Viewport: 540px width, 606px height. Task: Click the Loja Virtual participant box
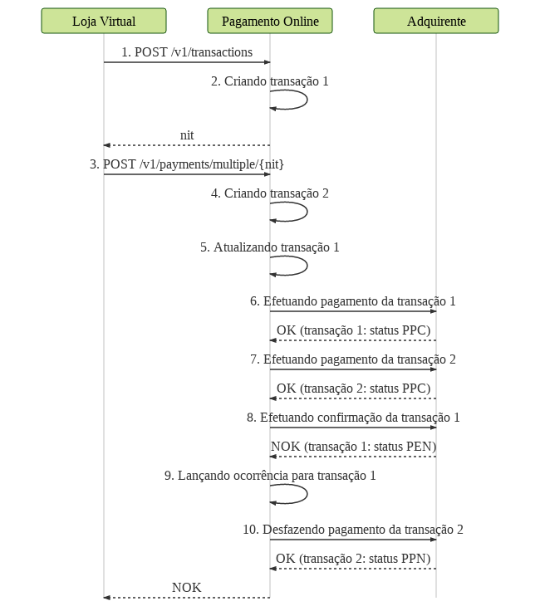(x=104, y=21)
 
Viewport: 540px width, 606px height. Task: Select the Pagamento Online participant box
(x=270, y=21)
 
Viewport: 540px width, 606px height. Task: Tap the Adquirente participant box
(x=436, y=21)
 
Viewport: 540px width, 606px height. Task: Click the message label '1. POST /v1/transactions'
(x=187, y=52)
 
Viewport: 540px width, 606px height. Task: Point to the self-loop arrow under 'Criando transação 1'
(x=307, y=100)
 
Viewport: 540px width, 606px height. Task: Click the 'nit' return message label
(x=187, y=135)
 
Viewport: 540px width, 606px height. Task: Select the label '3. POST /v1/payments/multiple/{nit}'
(x=187, y=164)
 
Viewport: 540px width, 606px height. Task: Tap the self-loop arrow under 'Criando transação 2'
(x=307, y=212)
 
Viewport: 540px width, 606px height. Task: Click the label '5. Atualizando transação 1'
(x=270, y=247)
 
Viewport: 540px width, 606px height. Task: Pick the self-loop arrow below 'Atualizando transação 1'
(x=307, y=266)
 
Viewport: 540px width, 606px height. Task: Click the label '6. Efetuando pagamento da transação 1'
(x=353, y=301)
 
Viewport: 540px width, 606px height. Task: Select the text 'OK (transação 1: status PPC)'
(x=353, y=330)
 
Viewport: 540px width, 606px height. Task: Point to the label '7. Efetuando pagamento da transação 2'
(x=353, y=359)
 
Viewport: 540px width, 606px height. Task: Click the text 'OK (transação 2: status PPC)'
(x=353, y=389)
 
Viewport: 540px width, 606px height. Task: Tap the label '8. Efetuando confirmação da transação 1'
(x=353, y=418)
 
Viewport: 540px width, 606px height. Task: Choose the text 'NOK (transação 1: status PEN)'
(x=353, y=447)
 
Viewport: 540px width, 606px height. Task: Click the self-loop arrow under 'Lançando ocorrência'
(x=307, y=494)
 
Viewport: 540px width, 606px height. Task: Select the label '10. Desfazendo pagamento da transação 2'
(x=353, y=530)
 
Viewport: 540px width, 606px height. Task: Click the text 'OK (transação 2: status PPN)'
(x=353, y=559)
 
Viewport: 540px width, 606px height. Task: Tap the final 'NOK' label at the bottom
(x=187, y=588)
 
